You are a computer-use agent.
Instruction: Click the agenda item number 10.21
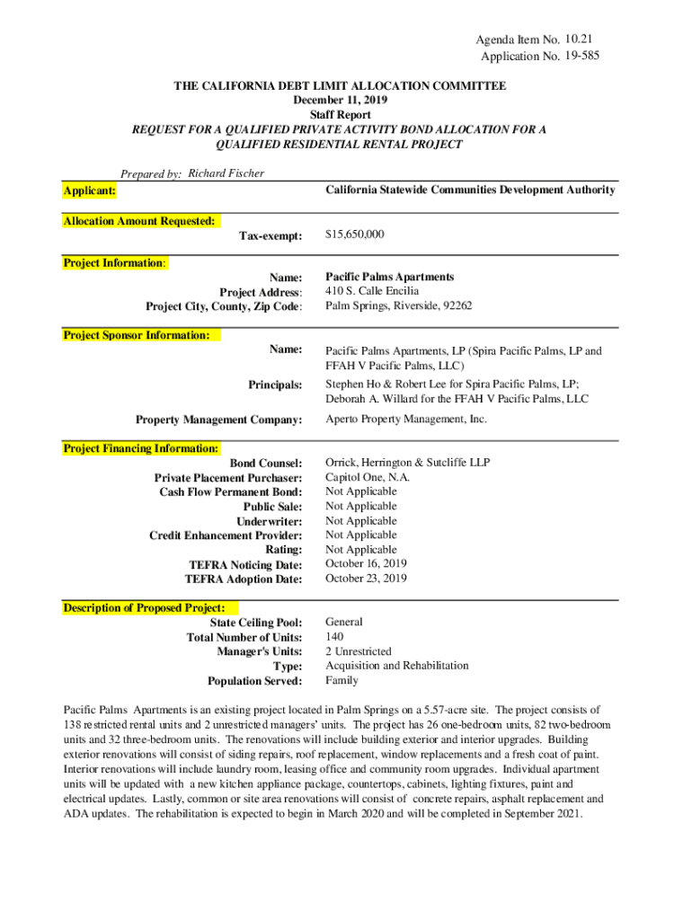[580, 40]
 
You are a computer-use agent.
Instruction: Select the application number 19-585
[582, 56]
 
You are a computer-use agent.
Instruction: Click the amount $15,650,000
[355, 234]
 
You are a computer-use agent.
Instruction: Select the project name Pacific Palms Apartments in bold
[389, 277]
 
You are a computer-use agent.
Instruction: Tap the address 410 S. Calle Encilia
[371, 291]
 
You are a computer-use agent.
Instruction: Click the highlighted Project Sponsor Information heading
[136, 335]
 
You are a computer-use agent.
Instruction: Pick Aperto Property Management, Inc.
[405, 420]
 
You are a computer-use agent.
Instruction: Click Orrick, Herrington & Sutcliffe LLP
[407, 463]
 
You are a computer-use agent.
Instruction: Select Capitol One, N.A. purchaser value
[367, 478]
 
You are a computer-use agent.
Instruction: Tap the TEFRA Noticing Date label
[245, 564]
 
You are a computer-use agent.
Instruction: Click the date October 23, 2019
[366, 579]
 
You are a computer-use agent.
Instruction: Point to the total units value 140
[334, 636]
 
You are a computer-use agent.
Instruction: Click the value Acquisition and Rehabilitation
[396, 666]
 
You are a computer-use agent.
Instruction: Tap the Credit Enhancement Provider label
[226, 535]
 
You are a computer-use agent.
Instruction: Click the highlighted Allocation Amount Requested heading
[138, 221]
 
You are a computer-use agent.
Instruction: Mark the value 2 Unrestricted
[358, 651]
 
